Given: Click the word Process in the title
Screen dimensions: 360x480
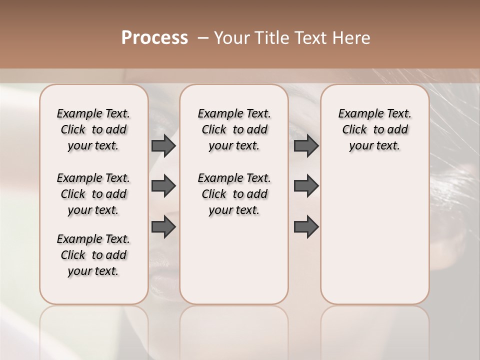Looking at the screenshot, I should [x=154, y=38].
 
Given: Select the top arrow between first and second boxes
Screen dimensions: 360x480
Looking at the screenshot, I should [x=163, y=146].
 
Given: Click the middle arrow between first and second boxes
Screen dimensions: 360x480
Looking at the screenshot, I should [x=163, y=186].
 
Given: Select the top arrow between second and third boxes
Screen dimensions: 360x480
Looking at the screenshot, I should [x=306, y=146].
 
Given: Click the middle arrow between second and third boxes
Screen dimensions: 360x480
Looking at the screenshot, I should [x=306, y=186].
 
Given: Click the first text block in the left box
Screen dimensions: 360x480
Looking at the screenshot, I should [x=93, y=129].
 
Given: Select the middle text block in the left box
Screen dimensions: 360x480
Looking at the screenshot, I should [x=93, y=194].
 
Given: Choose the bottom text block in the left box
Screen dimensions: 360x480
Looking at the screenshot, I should [x=93, y=255].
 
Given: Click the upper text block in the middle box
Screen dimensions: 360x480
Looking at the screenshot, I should [x=234, y=129].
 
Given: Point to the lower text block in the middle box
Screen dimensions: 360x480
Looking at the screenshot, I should [x=234, y=194].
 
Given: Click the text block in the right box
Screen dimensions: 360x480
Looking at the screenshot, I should [x=374, y=129].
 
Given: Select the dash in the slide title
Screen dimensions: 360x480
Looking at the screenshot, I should [x=203, y=38].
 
